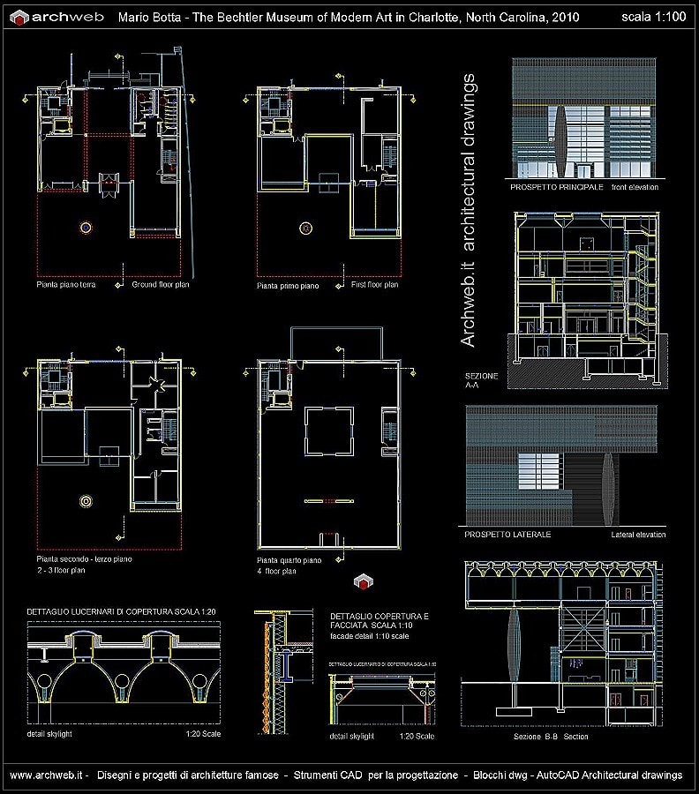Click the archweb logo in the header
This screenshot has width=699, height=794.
coord(58,17)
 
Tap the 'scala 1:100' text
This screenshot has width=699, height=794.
coord(653,17)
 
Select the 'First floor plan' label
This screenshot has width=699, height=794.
coord(374,285)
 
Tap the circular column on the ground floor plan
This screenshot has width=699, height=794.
coord(85,227)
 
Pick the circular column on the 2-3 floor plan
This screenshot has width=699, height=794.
coord(86,501)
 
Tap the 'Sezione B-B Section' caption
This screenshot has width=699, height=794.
coord(551,737)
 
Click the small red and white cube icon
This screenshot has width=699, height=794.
coord(362,581)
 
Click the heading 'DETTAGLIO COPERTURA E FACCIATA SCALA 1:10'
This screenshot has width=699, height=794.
coord(380,621)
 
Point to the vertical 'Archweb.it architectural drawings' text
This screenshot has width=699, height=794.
coord(470,212)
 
